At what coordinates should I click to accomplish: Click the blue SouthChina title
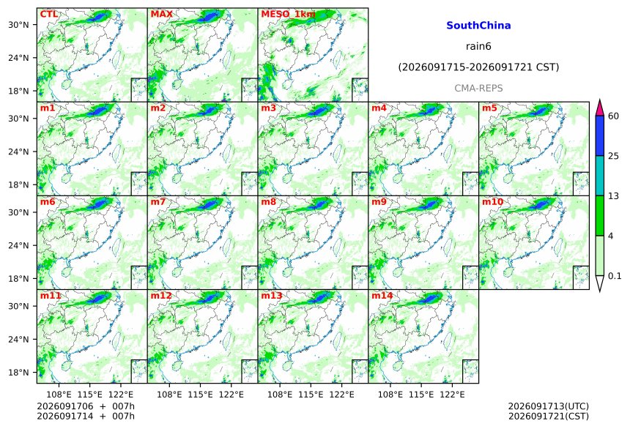[478, 26]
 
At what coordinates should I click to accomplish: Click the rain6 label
[478, 46]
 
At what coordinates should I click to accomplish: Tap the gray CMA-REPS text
[478, 89]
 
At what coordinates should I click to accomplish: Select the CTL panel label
[48, 14]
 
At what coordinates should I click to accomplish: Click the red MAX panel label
[161, 14]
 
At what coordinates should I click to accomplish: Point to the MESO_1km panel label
[288, 15]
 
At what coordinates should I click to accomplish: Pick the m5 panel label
[489, 108]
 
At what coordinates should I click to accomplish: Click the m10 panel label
[492, 201]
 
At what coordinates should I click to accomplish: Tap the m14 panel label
[382, 296]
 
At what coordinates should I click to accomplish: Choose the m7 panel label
[158, 201]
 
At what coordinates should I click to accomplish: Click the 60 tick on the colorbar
[613, 116]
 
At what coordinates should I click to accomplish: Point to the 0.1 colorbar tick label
[615, 276]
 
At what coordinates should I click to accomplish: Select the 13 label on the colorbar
[613, 196]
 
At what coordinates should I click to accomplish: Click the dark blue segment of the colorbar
[599, 135]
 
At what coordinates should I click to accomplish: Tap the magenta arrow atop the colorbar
[599, 108]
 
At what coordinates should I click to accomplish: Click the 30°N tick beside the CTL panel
[18, 25]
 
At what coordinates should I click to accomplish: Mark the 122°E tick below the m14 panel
[452, 395]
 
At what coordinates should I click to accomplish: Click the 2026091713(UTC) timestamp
[549, 407]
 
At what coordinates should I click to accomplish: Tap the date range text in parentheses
[478, 67]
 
